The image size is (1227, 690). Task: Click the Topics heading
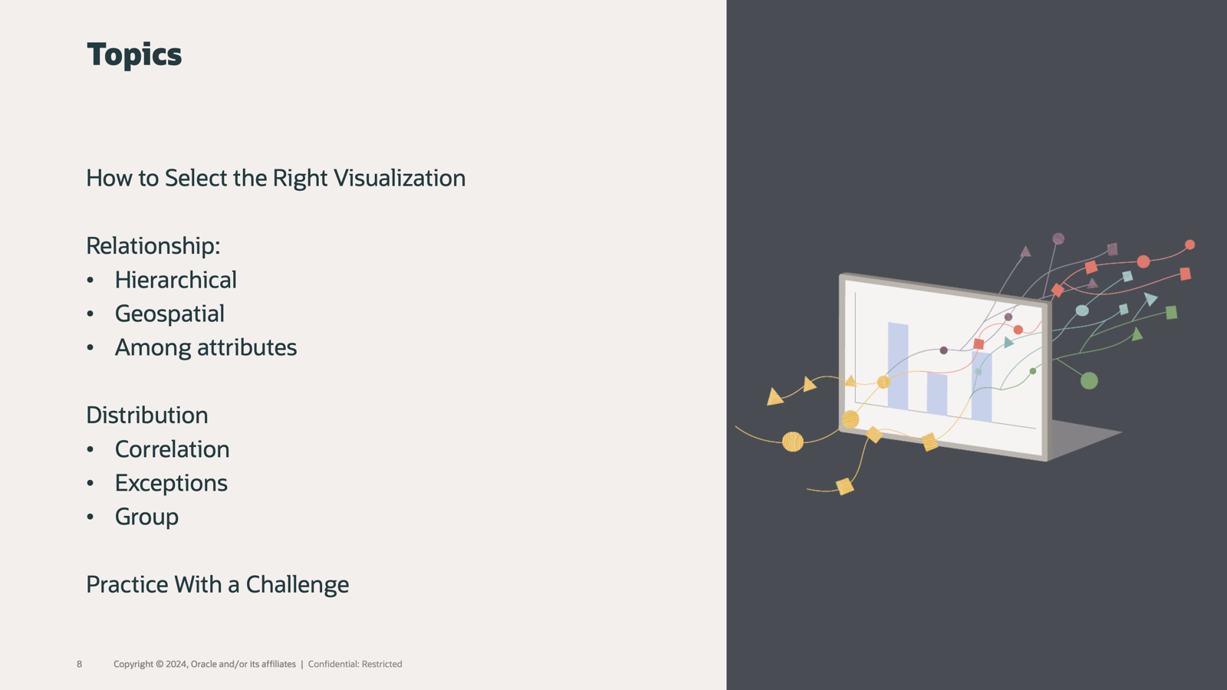[x=134, y=54]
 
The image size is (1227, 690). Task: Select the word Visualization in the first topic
[x=400, y=178]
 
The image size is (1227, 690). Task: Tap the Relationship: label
[x=153, y=246]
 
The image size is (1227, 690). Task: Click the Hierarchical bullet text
[x=176, y=280]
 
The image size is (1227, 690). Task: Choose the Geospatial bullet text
[x=169, y=314]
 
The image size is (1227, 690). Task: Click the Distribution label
[x=147, y=415]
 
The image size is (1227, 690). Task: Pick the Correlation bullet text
[x=173, y=449]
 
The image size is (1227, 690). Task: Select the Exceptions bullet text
[x=172, y=483]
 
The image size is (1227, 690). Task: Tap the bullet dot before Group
[x=90, y=517]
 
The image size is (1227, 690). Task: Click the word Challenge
[x=298, y=585]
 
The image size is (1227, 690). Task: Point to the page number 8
[x=80, y=664]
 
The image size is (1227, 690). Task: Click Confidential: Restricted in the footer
[x=355, y=664]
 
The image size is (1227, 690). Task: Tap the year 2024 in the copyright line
[x=176, y=664]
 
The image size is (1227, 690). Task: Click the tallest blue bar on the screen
[x=898, y=366]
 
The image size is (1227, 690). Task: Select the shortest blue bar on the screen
[x=937, y=394]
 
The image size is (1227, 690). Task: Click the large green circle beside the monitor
[x=1089, y=380]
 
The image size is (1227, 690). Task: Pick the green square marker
[x=1171, y=313]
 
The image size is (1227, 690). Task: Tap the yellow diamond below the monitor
[x=844, y=486]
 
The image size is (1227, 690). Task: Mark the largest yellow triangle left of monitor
[x=775, y=397]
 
